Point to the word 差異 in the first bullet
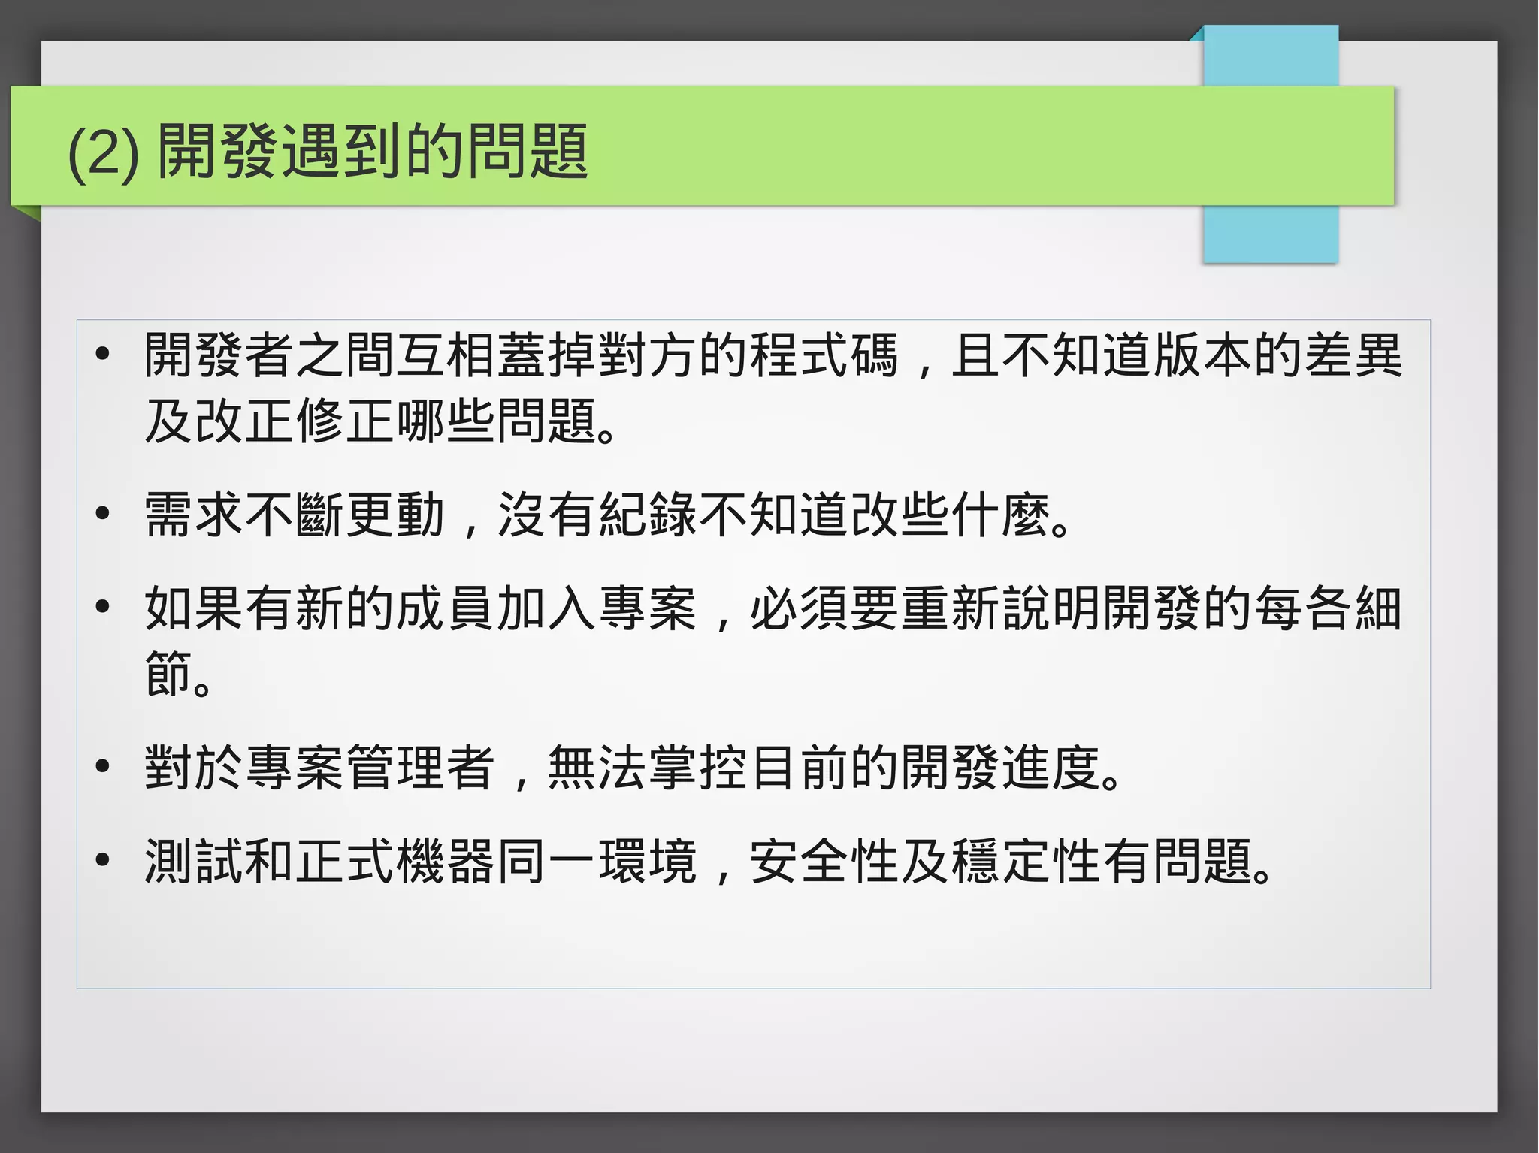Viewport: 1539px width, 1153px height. (x=1353, y=355)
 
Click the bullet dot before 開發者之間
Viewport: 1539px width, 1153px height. (x=103, y=354)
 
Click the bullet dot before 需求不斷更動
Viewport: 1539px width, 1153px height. (x=103, y=514)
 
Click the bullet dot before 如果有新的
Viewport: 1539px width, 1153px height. (x=103, y=606)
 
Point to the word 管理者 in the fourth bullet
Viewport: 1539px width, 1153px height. (x=421, y=768)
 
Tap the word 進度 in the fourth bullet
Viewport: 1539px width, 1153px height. (x=1051, y=768)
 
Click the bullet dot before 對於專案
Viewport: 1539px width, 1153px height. (x=103, y=766)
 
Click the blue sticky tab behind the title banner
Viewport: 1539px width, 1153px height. (x=1271, y=233)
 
